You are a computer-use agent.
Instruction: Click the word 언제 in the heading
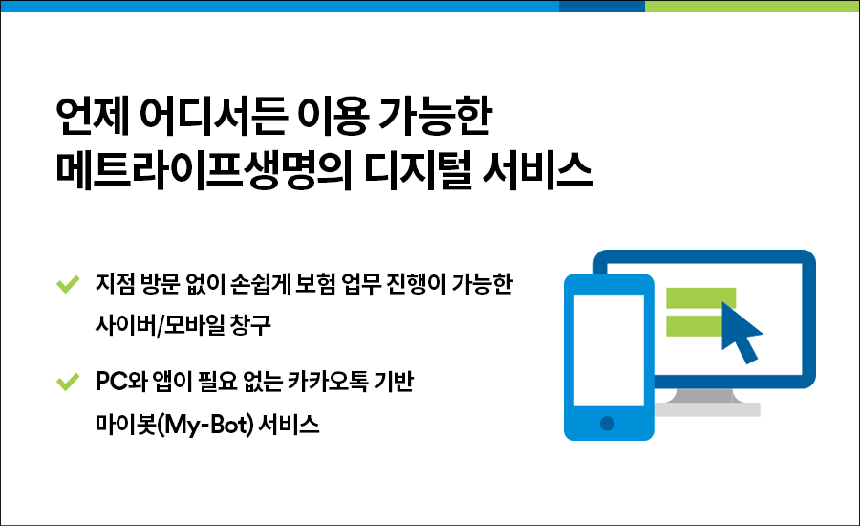click(x=92, y=117)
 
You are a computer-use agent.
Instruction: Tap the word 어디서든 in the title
click(x=213, y=117)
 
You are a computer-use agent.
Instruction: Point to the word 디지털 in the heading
click(x=418, y=171)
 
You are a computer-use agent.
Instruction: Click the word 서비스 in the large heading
click(x=537, y=171)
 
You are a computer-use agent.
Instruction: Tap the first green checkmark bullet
click(x=68, y=284)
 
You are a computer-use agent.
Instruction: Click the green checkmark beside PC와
click(x=68, y=382)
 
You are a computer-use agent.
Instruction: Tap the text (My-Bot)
click(x=204, y=425)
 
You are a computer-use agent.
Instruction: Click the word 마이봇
click(x=125, y=425)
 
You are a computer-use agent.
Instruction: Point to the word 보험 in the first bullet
click(x=314, y=284)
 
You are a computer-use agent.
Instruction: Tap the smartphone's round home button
click(x=607, y=424)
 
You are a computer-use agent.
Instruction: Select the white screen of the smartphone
click(x=609, y=350)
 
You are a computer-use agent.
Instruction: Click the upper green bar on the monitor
click(x=700, y=297)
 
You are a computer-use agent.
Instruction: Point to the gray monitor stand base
click(x=706, y=409)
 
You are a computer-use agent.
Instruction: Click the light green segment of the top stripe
click(x=752, y=6)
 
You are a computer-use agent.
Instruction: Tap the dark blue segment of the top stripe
click(x=602, y=6)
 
